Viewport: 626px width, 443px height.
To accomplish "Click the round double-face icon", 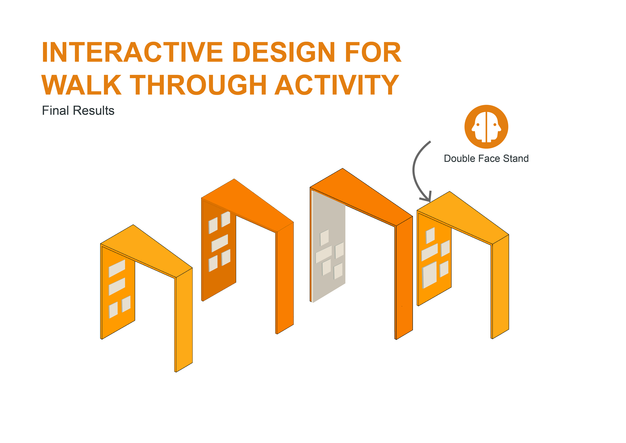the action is click(x=486, y=127).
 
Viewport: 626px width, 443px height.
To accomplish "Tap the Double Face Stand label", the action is click(x=486, y=158).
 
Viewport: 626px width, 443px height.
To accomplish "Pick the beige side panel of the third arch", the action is click(x=329, y=246).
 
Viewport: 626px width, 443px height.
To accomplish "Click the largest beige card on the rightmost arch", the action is click(x=429, y=275).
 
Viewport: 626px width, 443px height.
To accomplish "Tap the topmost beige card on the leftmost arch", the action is click(x=117, y=268).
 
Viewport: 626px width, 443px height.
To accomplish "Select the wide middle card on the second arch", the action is click(x=220, y=243).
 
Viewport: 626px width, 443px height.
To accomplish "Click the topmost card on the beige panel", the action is click(x=324, y=238).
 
